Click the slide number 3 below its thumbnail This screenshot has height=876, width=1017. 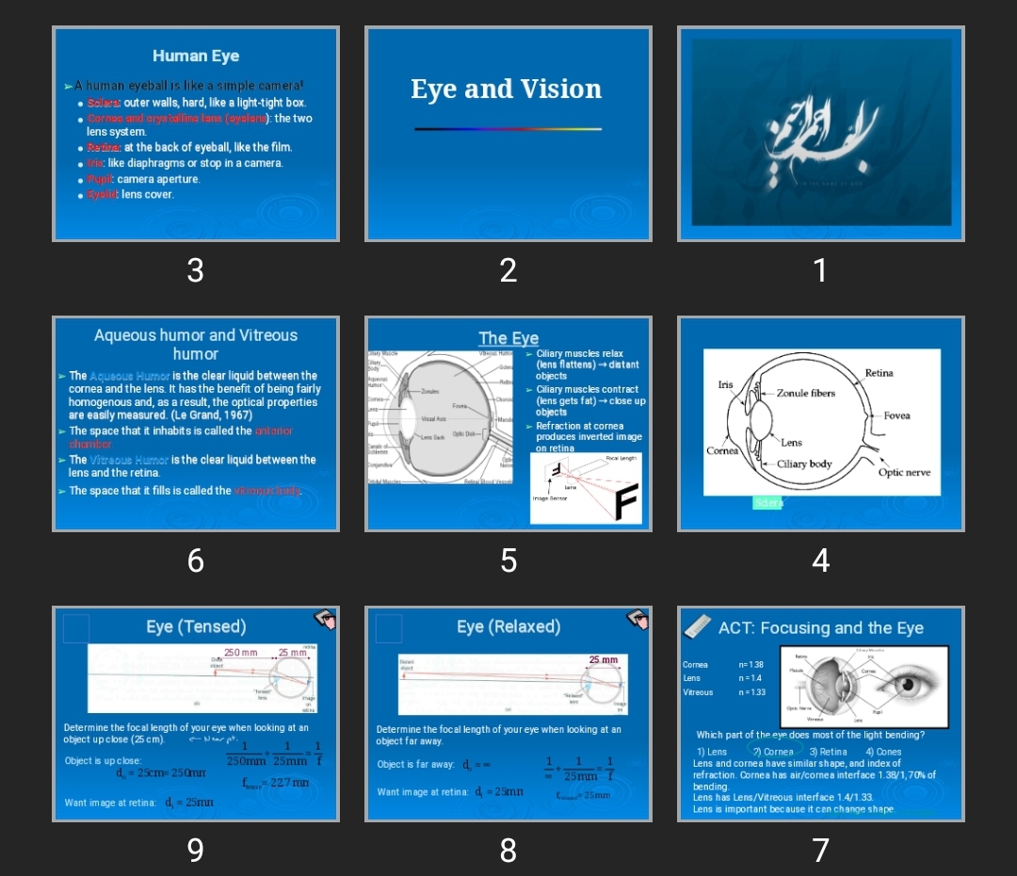click(x=195, y=271)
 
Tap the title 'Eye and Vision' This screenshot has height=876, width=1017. click(x=506, y=89)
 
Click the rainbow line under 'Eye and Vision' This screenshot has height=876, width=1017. click(x=508, y=129)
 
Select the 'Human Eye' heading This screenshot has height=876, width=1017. click(x=196, y=57)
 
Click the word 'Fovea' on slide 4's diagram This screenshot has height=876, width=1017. click(x=896, y=415)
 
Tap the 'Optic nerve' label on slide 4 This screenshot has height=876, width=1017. click(x=904, y=472)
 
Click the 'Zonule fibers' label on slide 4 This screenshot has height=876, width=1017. click(x=805, y=393)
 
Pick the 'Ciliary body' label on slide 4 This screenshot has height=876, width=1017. click(x=804, y=464)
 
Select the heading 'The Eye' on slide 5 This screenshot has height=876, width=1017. click(x=508, y=338)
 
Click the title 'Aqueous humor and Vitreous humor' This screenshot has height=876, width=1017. click(x=196, y=345)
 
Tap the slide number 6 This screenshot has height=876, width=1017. click(x=195, y=561)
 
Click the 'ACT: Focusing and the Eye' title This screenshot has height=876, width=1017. click(x=820, y=628)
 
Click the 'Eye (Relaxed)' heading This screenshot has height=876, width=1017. click(x=508, y=627)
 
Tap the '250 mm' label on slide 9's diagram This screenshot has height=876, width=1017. click(x=240, y=653)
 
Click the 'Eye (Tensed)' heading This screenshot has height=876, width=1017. click(x=196, y=627)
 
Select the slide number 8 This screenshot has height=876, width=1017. click(x=508, y=852)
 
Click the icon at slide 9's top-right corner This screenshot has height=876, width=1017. click(x=325, y=618)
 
